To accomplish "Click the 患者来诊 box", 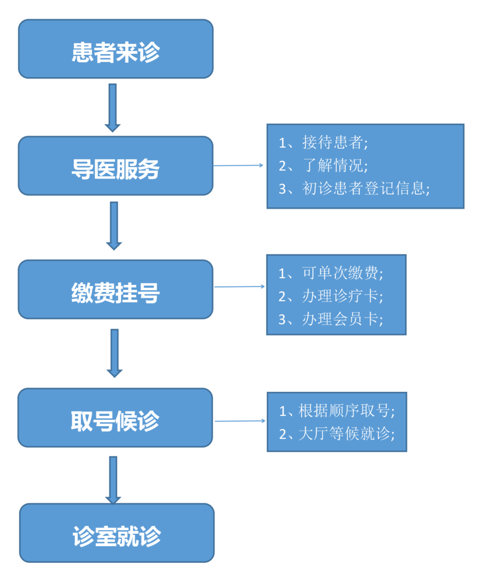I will coord(115,49).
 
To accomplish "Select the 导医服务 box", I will coord(115,166).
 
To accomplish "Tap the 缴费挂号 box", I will coord(115,289).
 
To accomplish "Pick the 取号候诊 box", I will coord(115,418).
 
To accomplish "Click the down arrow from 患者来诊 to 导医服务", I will coord(113,107).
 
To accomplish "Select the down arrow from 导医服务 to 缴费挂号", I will coord(114,225).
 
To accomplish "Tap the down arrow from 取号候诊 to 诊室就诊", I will coord(113,478).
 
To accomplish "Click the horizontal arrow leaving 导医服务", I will coord(239,165).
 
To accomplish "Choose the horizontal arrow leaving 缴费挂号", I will coord(239,286).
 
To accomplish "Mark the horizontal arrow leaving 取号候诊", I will coord(240,420).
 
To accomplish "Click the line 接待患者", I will coord(324,142).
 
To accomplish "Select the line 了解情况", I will coord(324,165).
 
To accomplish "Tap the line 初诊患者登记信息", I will coord(354,188).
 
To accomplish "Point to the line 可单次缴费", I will coord(331,273).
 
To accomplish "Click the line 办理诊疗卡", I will coord(331,296).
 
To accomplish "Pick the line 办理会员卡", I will coord(331,319).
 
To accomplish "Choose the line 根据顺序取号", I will coord(337,410).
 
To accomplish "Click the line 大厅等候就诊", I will coord(337,433).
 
